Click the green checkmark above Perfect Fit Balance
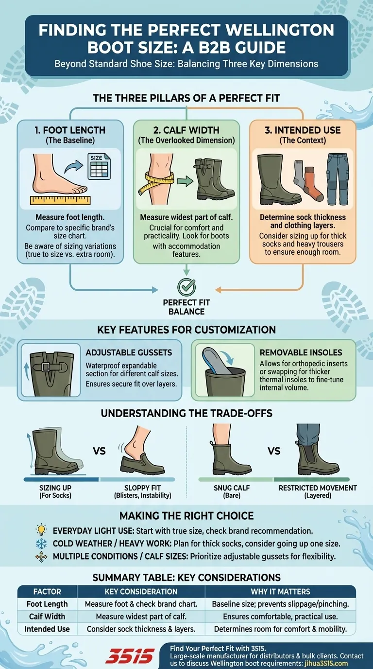186,287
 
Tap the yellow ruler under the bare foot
60,200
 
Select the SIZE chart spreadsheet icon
99,166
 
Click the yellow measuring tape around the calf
155,182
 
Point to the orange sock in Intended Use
313,184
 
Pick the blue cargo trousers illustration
338,179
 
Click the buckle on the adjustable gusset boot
46,367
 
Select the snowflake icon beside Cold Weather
41,543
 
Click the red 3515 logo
130,656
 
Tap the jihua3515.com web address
326,663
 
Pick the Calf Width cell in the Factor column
47,616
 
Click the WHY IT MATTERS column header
280,591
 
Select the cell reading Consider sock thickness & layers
141,629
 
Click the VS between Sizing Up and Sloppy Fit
99,451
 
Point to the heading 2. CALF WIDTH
186,130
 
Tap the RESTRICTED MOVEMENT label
318,488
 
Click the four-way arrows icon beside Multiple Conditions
41,557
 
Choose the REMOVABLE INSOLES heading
301,352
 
